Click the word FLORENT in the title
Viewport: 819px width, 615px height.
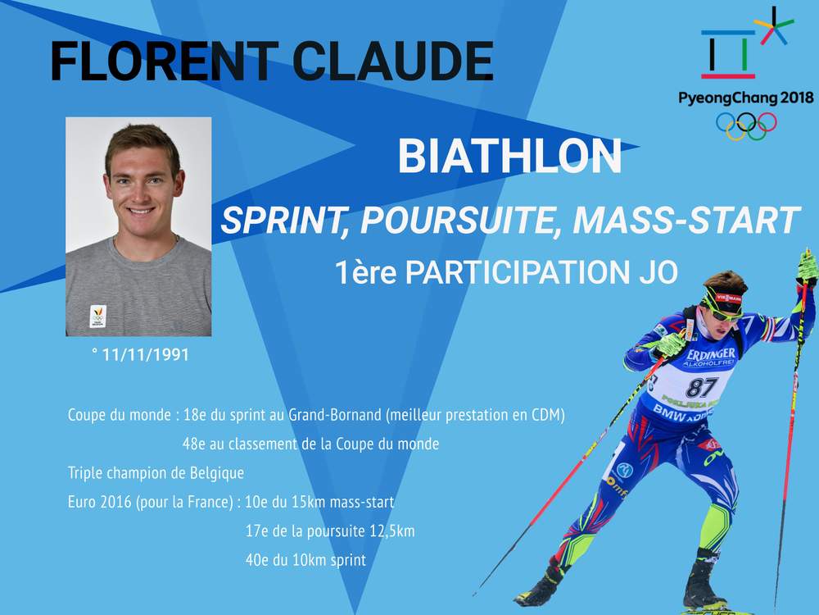(x=164, y=61)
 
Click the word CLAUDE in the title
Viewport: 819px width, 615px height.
(x=393, y=61)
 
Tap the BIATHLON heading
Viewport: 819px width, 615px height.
(x=509, y=156)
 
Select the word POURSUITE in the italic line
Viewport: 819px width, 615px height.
(x=457, y=220)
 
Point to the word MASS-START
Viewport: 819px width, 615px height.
(x=686, y=220)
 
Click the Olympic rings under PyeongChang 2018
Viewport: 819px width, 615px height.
(x=746, y=126)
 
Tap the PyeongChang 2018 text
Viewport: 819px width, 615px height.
(x=746, y=98)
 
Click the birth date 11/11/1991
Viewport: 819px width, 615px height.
(x=145, y=354)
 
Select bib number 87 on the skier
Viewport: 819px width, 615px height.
(x=702, y=388)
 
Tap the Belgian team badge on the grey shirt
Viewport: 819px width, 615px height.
(x=98, y=316)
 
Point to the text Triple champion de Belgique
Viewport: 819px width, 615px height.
(x=156, y=473)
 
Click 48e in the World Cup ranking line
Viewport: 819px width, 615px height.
(x=194, y=444)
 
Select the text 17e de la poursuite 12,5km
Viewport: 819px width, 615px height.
(x=330, y=531)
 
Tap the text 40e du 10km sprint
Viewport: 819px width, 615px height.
(x=305, y=560)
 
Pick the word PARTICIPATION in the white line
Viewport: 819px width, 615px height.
(x=518, y=272)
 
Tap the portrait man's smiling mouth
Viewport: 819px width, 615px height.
(x=140, y=212)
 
